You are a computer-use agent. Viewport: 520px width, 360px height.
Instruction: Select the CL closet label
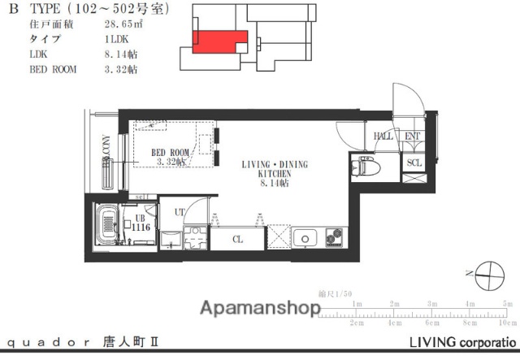click(237, 240)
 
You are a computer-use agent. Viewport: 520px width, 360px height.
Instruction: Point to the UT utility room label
click(180, 213)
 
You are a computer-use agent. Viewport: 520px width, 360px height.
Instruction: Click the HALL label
click(383, 137)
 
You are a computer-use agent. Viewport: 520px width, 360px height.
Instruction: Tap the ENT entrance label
click(411, 137)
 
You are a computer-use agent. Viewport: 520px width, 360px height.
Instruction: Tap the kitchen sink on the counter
click(306, 238)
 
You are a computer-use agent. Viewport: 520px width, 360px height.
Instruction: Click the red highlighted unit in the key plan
click(219, 41)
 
